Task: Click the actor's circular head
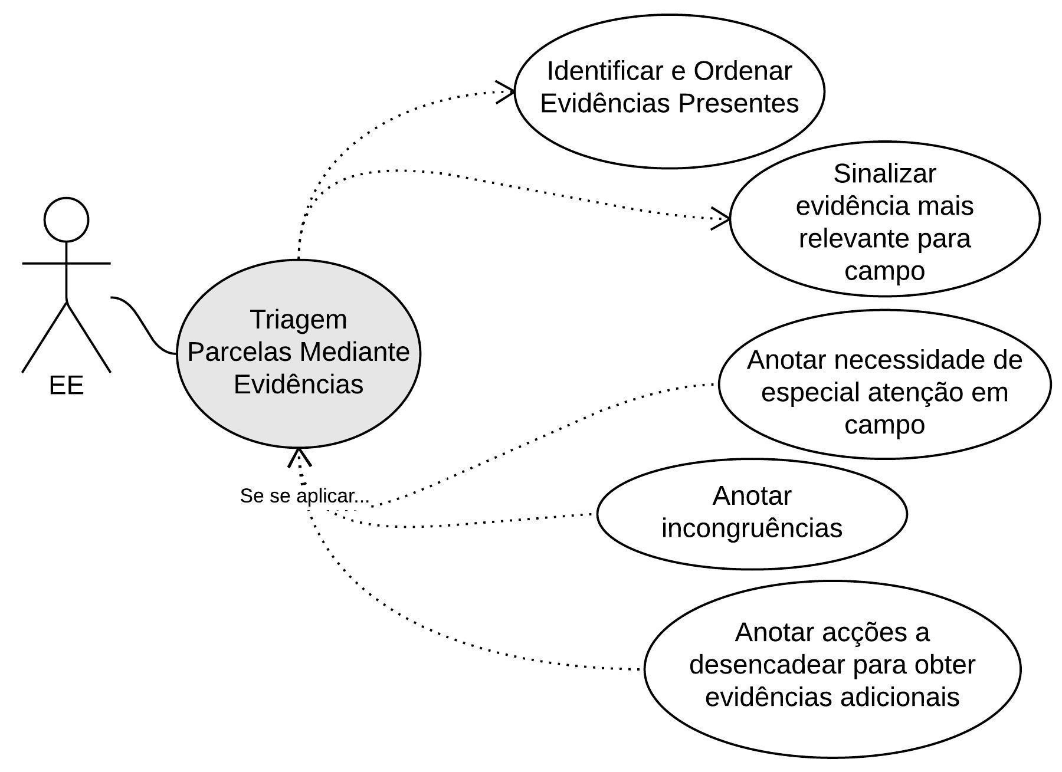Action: pos(67,219)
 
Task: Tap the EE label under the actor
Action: pos(66,386)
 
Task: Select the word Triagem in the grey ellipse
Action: pos(299,320)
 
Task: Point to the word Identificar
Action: pos(606,71)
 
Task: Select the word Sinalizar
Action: pos(884,174)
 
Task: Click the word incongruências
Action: pos(752,528)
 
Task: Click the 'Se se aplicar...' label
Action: pos(304,496)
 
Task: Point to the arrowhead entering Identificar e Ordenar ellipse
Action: pos(507,91)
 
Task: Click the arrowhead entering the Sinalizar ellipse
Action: pos(723,219)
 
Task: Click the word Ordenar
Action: pos(742,71)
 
